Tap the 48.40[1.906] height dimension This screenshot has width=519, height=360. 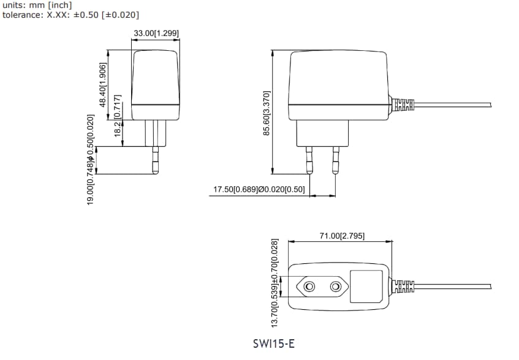(103, 84)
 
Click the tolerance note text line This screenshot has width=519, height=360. (70, 14)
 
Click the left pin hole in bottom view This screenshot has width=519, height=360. (310, 287)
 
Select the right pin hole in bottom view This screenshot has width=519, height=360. (335, 287)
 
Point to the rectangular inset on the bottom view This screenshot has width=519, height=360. (366, 286)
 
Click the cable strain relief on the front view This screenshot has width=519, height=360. (403, 105)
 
